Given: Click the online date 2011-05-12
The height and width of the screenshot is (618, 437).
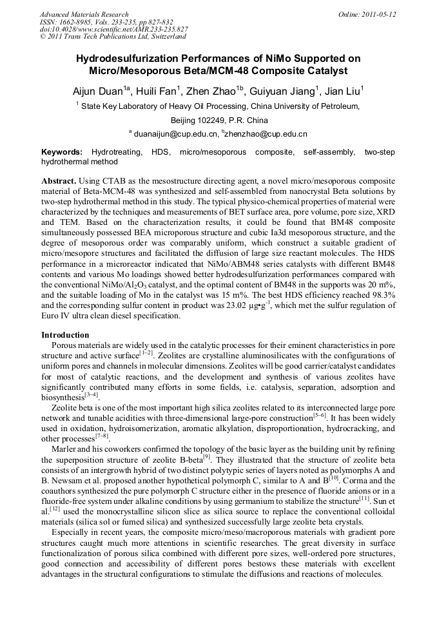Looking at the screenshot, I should tap(379, 14).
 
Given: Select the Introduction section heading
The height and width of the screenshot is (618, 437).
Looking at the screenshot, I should tap(65, 335).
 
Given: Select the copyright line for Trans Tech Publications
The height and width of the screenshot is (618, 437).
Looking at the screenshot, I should tap(113, 37).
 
